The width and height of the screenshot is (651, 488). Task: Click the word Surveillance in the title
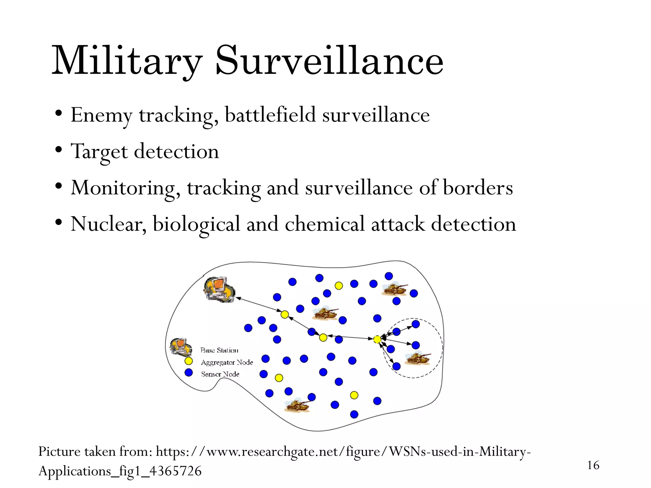(x=329, y=60)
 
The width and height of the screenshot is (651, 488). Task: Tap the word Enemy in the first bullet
(x=101, y=115)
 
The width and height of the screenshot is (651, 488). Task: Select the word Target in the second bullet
(x=99, y=152)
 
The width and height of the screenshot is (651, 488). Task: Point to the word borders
(x=477, y=188)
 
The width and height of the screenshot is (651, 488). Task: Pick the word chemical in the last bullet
(x=324, y=224)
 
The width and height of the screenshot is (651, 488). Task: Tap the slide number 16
(x=593, y=465)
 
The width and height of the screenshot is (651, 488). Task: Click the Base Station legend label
(x=219, y=350)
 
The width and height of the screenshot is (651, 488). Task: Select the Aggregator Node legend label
(x=227, y=363)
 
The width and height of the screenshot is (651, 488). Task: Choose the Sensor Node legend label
(x=220, y=374)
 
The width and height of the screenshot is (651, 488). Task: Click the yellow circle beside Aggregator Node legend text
(x=189, y=361)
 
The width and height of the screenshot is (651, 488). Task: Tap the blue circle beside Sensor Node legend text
(x=189, y=372)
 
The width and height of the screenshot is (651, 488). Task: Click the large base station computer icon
(x=219, y=289)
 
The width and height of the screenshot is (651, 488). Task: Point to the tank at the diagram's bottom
(x=298, y=405)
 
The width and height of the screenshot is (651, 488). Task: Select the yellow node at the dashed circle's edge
(x=377, y=340)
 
